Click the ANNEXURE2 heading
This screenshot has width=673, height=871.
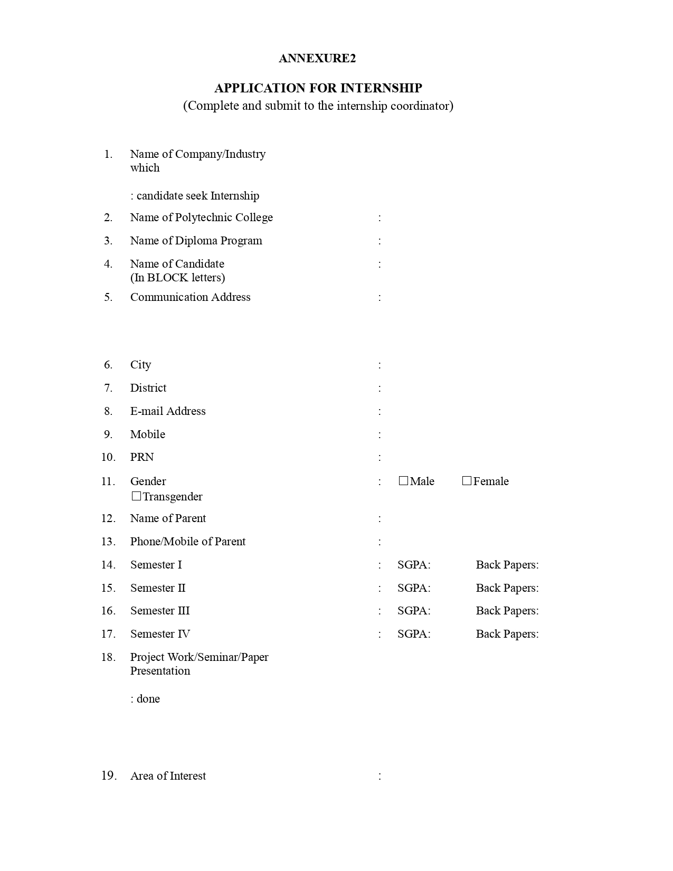tap(317, 58)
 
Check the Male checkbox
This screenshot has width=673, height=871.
tap(403, 481)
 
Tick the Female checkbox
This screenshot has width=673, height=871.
tap(467, 481)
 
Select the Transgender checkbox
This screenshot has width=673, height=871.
tap(136, 496)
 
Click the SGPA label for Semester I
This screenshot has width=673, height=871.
tap(414, 565)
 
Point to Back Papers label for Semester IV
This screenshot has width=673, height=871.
tap(507, 634)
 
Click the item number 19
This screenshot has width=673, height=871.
tap(109, 775)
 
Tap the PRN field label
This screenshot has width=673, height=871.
tap(142, 457)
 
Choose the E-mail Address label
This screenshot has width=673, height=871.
tap(168, 411)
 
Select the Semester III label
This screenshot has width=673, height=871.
tap(160, 611)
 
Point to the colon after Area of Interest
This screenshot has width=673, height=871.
tap(380, 776)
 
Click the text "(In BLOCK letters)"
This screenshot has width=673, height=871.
tap(177, 278)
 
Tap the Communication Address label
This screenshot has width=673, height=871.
tap(190, 297)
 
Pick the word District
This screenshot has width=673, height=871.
tap(148, 388)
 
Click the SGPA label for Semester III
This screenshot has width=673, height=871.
tap(414, 611)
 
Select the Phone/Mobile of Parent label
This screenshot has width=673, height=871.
tap(187, 542)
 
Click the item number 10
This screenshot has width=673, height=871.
tap(108, 457)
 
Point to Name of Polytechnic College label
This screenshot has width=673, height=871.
tap(201, 217)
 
